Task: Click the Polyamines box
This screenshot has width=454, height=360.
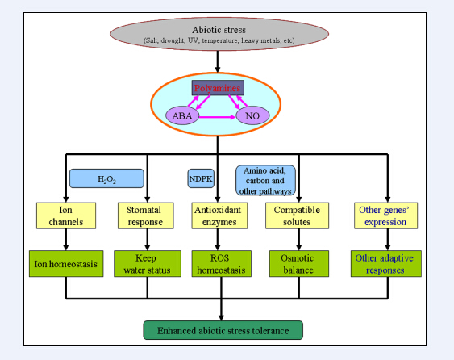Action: pos(218,88)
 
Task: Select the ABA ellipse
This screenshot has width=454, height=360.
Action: pos(182,115)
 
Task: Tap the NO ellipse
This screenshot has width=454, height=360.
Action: pos(252,115)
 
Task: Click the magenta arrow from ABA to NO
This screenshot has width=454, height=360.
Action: pos(217,117)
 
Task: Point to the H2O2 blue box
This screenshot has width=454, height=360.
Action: pos(106,178)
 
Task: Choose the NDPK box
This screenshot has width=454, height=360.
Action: pos(201,178)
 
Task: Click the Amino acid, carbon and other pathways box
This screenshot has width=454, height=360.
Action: pos(265,180)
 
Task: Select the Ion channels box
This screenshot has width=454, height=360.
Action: pos(66,216)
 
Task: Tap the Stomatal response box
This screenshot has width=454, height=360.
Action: pos(146,216)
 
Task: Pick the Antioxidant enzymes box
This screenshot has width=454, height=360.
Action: pos(219,216)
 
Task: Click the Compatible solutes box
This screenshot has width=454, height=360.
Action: pos(297,216)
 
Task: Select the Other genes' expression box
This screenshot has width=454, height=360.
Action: pos(385,216)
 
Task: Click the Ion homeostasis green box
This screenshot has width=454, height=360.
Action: pos(66,264)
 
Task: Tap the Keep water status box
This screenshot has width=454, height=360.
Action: pos(148,264)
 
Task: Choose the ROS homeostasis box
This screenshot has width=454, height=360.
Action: pos(221,264)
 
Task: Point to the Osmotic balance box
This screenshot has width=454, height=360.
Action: pos(299,264)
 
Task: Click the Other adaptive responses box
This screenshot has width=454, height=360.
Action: pos(386,264)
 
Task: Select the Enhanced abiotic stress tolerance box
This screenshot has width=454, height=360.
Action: pos(223,330)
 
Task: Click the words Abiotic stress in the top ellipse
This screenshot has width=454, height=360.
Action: pos(219,30)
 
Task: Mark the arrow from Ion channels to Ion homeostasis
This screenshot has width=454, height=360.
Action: pos(66,240)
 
